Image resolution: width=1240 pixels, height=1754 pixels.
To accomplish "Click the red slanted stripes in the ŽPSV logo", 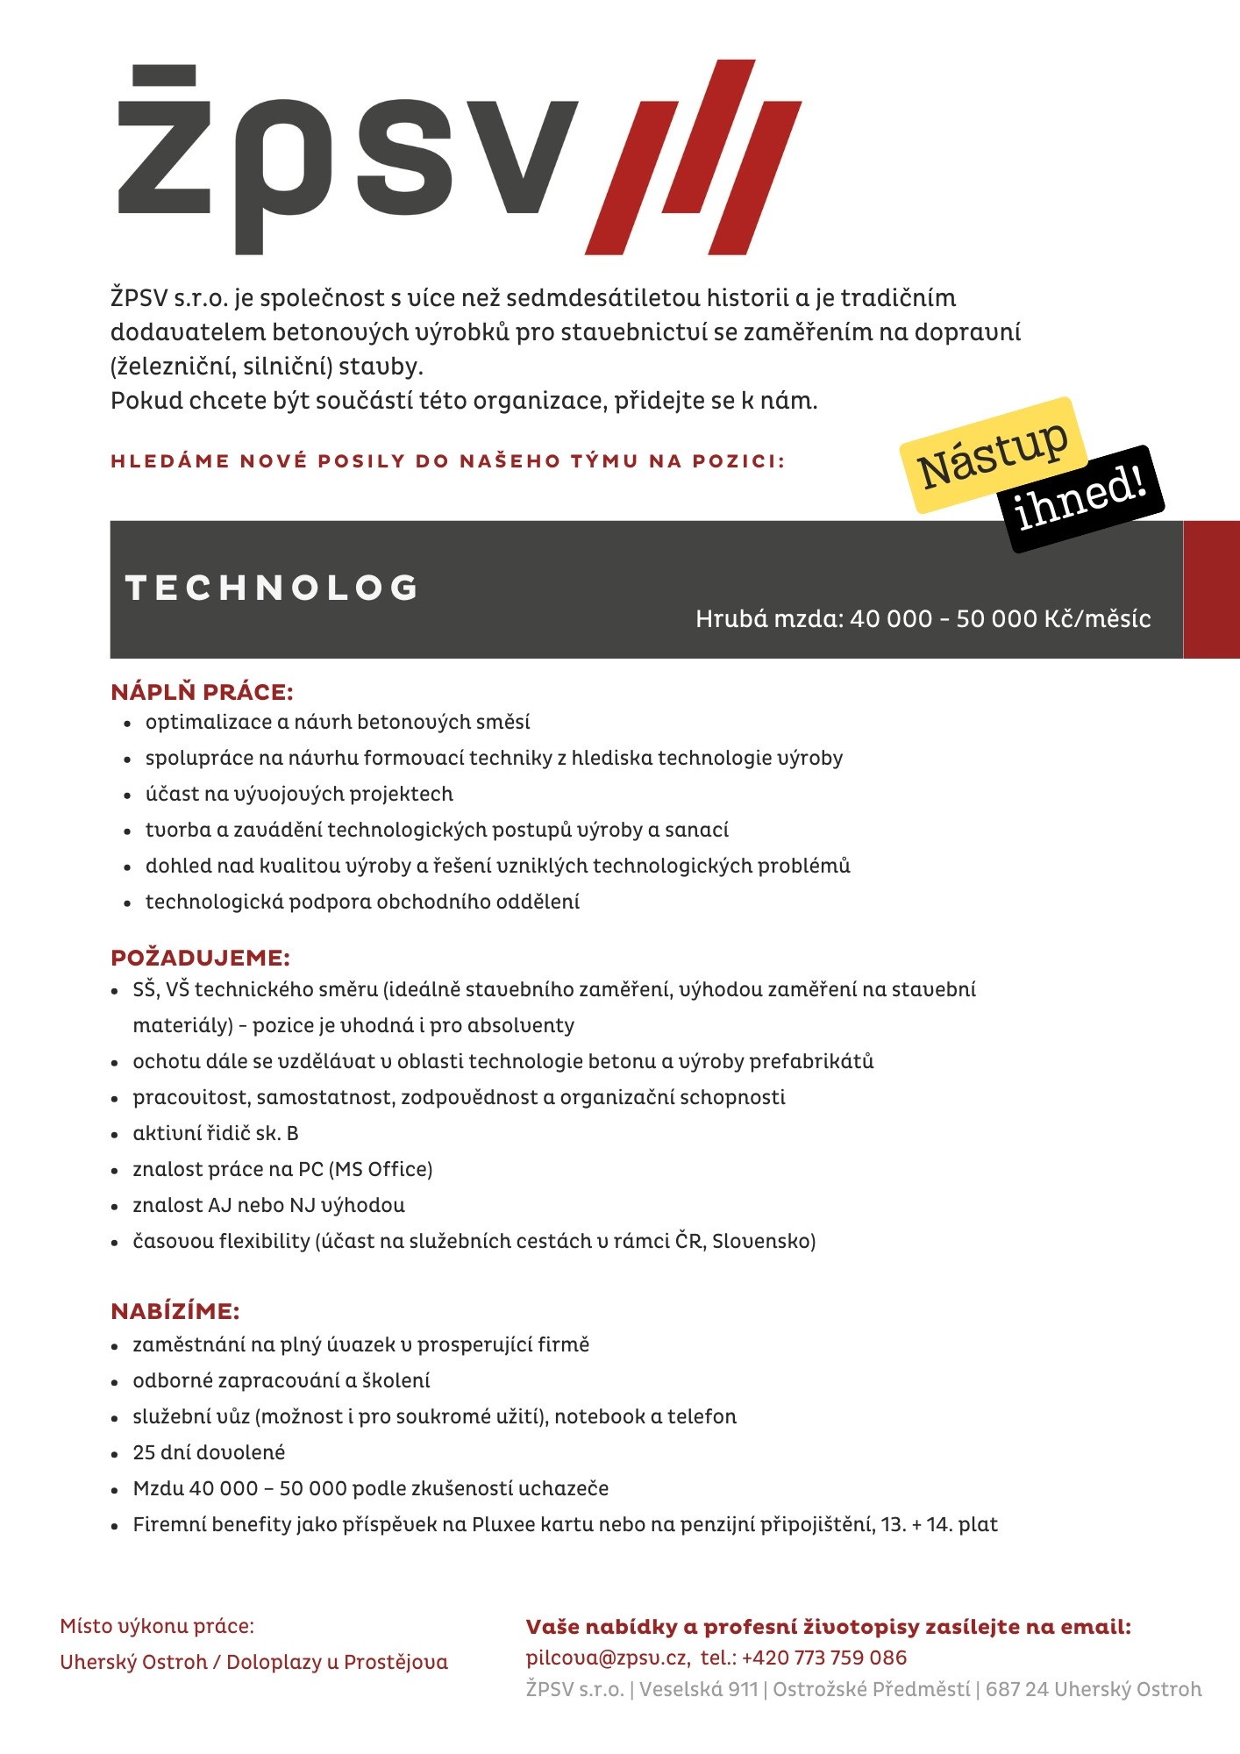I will (693, 158).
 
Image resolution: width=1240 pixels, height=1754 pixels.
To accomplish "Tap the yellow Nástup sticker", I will (993, 454).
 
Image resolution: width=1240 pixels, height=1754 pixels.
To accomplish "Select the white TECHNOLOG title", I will (272, 588).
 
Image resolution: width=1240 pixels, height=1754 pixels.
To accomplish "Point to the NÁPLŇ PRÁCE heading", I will (202, 692).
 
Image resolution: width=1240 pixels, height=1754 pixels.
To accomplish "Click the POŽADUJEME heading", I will (200, 958).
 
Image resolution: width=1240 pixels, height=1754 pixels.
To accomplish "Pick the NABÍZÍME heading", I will (175, 1311).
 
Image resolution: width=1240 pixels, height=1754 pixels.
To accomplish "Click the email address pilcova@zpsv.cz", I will (607, 1658).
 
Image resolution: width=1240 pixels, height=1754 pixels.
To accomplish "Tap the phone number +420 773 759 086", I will (824, 1658).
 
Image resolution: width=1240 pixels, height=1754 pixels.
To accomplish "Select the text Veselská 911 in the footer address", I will (698, 1689).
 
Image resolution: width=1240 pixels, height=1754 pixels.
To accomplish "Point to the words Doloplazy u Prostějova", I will (337, 1662).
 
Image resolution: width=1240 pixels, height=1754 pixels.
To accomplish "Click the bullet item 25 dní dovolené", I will (209, 1452).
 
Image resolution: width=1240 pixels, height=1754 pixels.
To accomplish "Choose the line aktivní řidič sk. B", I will (216, 1133).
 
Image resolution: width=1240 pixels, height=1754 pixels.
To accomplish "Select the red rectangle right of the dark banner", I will (1211, 589).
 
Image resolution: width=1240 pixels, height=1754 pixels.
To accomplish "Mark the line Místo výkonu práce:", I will (157, 1626).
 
